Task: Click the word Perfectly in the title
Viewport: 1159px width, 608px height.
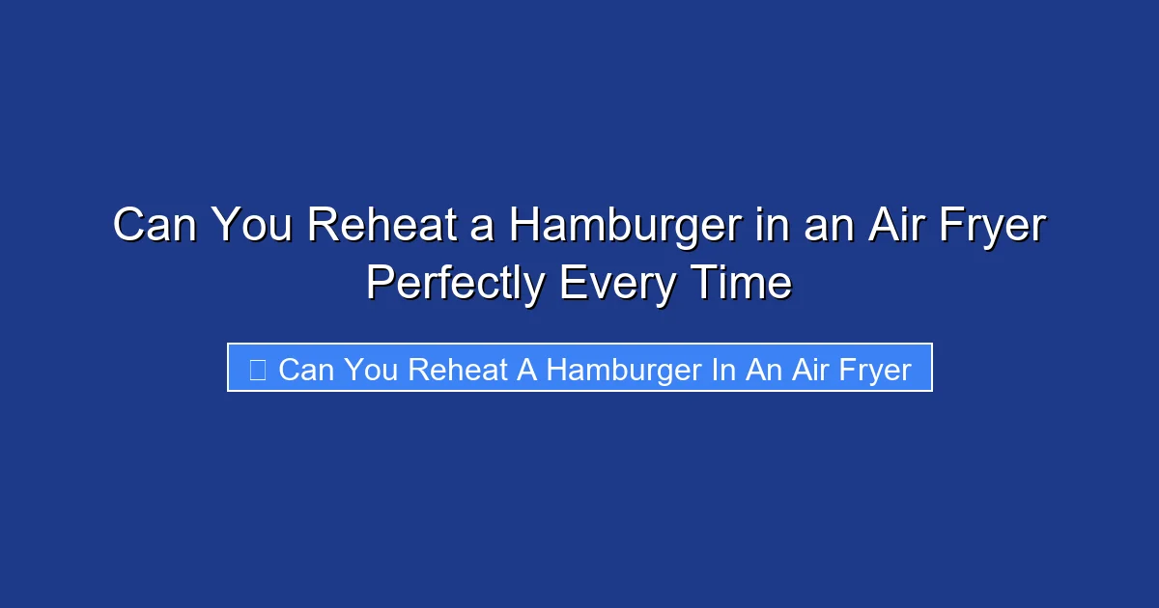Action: [x=454, y=284]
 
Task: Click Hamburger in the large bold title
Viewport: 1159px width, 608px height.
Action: [x=627, y=226]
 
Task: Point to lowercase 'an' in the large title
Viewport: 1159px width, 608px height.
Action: [x=820, y=226]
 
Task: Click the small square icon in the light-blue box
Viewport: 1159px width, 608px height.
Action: [x=257, y=369]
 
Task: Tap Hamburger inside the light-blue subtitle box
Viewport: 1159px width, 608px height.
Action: [x=624, y=370]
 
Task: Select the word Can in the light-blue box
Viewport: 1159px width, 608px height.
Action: [x=304, y=370]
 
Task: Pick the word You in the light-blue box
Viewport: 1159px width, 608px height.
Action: [x=371, y=370]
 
